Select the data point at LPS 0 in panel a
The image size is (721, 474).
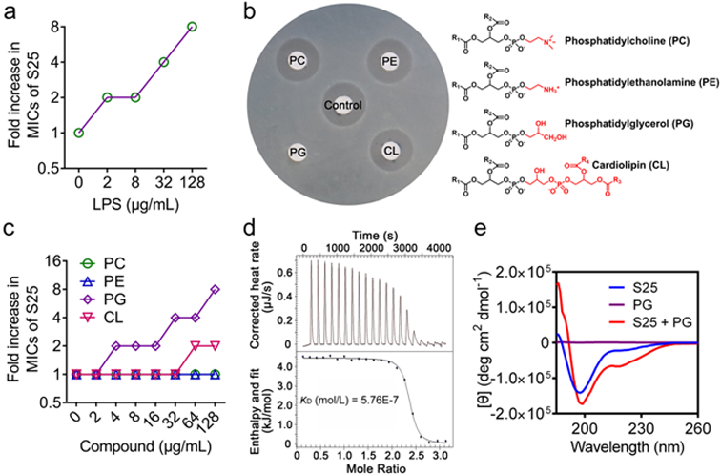click(x=78, y=133)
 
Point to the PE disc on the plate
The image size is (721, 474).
click(x=388, y=60)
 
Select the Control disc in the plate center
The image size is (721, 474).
click(x=343, y=105)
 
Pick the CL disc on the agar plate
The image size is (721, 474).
click(x=389, y=150)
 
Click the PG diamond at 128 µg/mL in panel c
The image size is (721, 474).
click(x=216, y=289)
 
